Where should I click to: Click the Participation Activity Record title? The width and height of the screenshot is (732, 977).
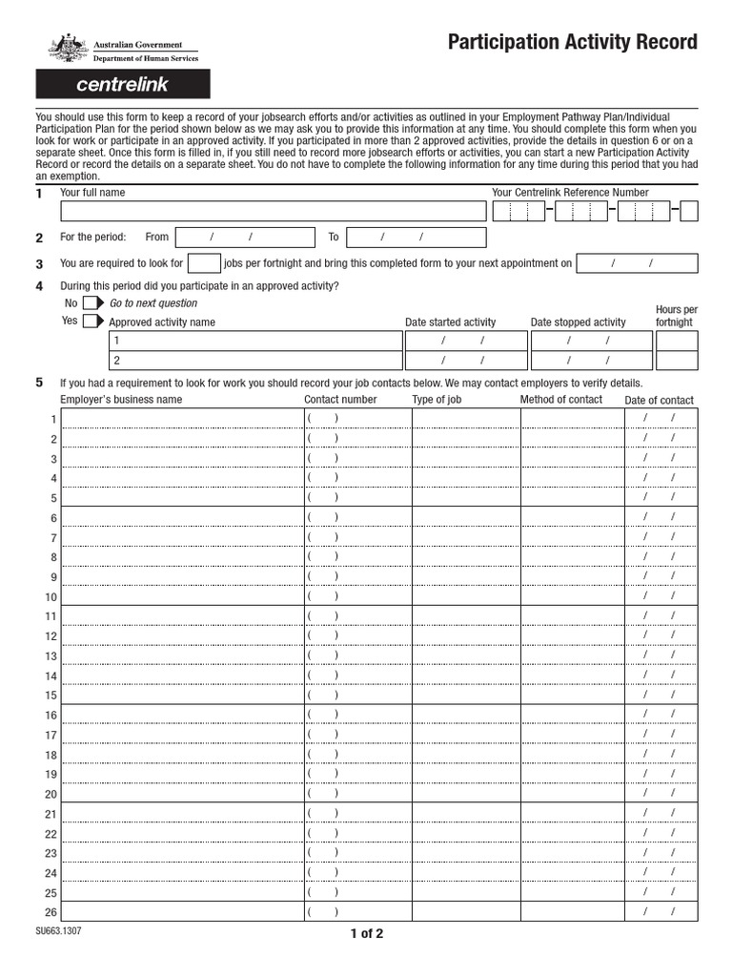[572, 43]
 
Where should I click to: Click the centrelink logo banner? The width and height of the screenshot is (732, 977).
[122, 85]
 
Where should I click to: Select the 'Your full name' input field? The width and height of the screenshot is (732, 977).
[273, 211]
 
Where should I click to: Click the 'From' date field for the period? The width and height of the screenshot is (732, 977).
[245, 238]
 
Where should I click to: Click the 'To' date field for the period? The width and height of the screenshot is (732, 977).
[416, 238]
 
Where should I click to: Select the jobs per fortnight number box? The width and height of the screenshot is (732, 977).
[204, 263]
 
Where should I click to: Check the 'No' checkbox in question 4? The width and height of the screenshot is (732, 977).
[91, 302]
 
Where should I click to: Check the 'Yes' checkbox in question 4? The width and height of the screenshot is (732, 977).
[91, 322]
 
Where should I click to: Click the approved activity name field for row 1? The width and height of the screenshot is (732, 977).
[255, 341]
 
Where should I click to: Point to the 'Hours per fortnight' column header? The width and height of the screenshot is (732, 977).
[676, 316]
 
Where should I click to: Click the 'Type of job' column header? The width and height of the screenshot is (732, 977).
[437, 400]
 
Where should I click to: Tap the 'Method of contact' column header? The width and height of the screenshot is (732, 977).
[560, 400]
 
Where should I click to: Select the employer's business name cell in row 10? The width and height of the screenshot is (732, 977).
[181, 596]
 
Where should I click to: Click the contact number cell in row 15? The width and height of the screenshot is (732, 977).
[356, 696]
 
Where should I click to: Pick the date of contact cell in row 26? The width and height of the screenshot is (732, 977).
[659, 912]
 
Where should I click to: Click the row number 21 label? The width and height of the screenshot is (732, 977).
[51, 814]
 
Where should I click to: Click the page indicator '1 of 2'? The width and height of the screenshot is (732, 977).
[366, 934]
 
